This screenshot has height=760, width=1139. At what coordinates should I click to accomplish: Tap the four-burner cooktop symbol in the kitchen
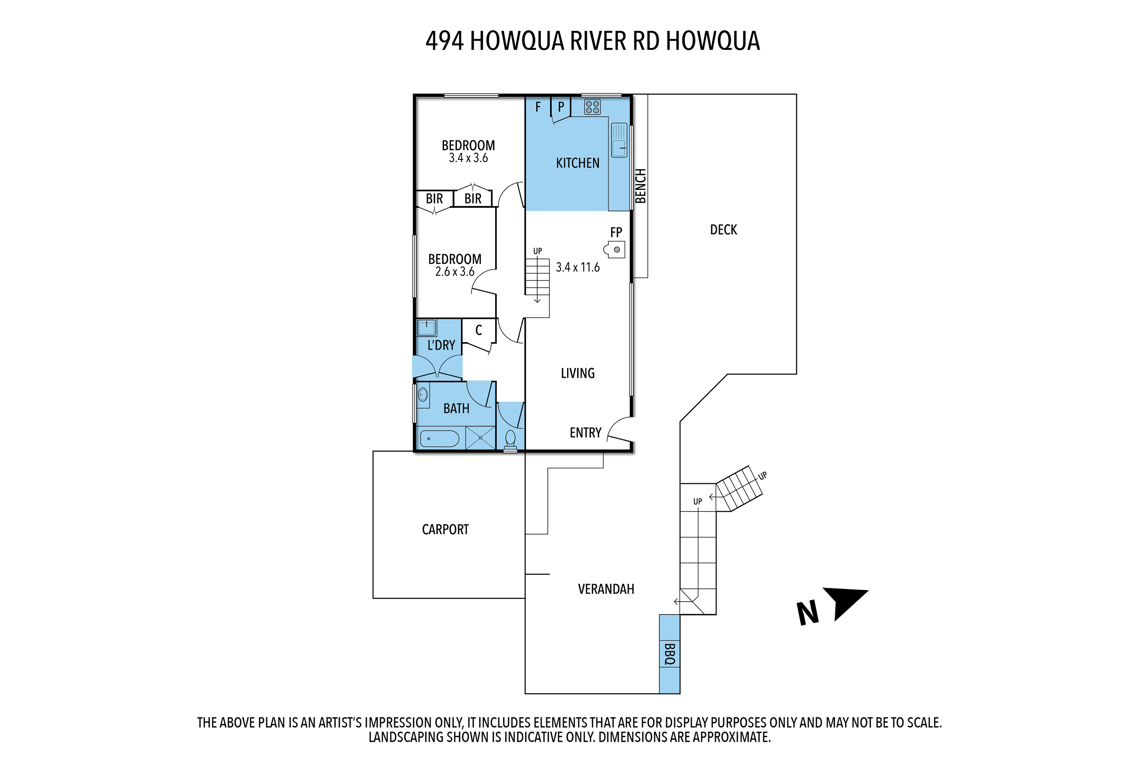[x=592, y=107]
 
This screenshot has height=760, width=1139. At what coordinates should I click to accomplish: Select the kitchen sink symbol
[x=619, y=140]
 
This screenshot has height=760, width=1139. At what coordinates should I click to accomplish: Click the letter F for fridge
[x=538, y=107]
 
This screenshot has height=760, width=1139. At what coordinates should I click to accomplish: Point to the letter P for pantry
[x=561, y=107]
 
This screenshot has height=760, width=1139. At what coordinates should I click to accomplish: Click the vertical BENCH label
[x=641, y=186]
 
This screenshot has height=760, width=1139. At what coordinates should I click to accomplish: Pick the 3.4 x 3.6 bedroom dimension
[x=468, y=158]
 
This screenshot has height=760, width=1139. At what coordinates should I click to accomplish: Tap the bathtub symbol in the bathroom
[x=439, y=439]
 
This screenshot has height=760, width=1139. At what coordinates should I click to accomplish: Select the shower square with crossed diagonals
[x=480, y=438]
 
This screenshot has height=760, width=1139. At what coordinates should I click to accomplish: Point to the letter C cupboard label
[x=478, y=331]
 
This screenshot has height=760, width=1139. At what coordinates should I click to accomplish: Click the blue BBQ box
[x=669, y=654]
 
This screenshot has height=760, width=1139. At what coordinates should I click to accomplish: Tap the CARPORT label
[x=445, y=529]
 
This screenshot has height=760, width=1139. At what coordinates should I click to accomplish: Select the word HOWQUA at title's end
[x=712, y=41]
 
